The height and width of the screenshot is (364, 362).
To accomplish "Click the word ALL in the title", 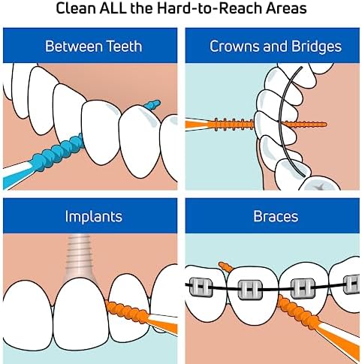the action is (113, 8).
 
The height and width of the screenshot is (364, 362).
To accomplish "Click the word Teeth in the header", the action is (124, 47).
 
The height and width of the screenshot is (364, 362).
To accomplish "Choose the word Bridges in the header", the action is (316, 47).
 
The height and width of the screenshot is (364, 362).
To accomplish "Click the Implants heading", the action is (94, 216).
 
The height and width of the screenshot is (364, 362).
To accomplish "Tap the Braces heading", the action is (276, 216).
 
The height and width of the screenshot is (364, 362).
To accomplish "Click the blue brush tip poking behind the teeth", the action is (152, 104).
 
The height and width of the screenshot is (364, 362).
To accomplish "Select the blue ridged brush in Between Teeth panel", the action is (59, 152).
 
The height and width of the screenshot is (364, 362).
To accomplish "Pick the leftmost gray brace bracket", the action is (201, 287).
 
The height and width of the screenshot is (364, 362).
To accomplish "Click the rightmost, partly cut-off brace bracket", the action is (351, 284).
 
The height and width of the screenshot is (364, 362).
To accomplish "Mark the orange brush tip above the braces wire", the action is (226, 267).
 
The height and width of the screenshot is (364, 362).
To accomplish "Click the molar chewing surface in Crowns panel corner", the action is (320, 185).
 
